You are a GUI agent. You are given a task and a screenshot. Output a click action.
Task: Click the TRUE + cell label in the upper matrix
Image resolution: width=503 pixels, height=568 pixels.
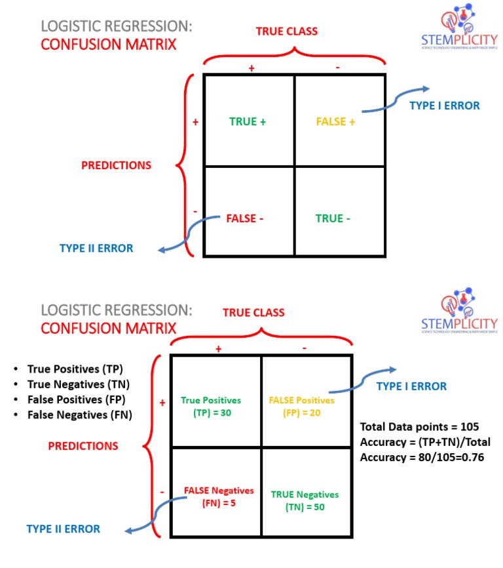pos(248,121)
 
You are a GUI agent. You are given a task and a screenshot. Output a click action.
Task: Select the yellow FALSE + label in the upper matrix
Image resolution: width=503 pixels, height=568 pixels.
pos(335,121)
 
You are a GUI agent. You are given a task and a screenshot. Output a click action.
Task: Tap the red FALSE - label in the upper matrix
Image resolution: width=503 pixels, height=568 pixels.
pos(245,218)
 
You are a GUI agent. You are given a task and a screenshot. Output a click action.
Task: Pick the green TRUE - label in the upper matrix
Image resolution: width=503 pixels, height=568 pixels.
pos(333,218)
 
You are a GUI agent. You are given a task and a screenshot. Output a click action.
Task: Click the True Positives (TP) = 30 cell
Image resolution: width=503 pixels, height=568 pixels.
pos(211,407)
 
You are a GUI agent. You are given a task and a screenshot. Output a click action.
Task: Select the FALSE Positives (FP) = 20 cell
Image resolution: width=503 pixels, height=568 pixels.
pos(301,407)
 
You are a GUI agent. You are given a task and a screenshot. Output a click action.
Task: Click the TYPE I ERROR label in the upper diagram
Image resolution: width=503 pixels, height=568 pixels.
pos(445,105)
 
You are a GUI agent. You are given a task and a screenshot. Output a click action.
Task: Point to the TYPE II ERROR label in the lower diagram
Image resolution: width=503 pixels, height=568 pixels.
pos(64,529)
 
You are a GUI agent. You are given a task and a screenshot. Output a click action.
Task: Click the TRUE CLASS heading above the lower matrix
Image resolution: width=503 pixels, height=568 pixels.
pos(253,313)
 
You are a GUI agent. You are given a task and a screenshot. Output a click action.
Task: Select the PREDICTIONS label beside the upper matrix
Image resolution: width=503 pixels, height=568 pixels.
pos(116,166)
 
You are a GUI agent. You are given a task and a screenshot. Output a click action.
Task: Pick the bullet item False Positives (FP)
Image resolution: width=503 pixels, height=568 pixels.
pos(76,399)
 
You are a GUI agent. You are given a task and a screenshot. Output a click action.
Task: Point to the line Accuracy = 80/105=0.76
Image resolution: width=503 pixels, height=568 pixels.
pos(422,456)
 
